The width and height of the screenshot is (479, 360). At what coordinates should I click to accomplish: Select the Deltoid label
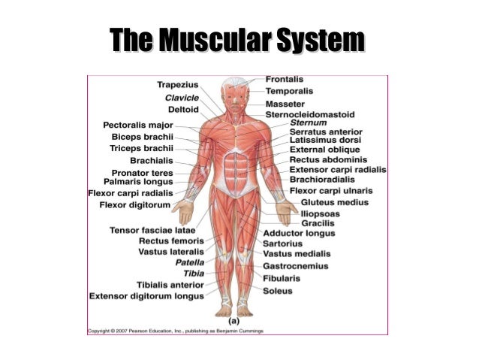click(x=183, y=110)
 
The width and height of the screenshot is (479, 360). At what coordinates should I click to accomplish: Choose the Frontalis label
click(x=289, y=79)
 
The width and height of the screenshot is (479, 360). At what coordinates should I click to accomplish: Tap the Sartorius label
click(x=283, y=244)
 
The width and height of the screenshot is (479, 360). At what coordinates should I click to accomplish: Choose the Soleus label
click(x=278, y=289)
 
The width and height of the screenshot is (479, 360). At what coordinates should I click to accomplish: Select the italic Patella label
click(x=190, y=263)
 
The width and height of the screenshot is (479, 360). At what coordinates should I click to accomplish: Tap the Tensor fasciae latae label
click(x=152, y=229)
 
